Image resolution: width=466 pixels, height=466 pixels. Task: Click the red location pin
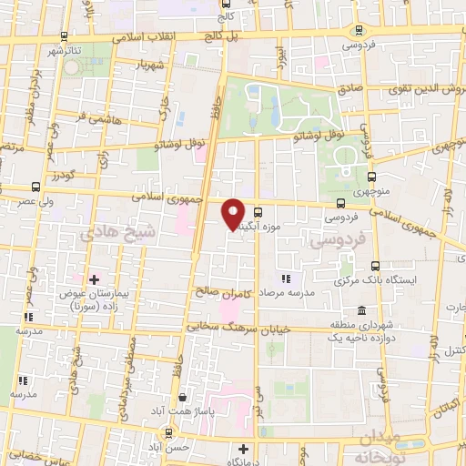pyautogui.click(x=234, y=213)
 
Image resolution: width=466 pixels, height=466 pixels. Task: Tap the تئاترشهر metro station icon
pyautogui.click(x=63, y=37)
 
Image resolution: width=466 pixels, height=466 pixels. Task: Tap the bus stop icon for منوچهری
pyautogui.click(x=371, y=177)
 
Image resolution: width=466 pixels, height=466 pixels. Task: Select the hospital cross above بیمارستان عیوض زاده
pyautogui.click(x=94, y=278)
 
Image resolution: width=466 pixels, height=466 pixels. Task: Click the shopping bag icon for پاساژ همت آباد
pyautogui.click(x=183, y=397)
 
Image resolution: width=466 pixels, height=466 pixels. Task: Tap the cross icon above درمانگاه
pyautogui.click(x=242, y=449)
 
